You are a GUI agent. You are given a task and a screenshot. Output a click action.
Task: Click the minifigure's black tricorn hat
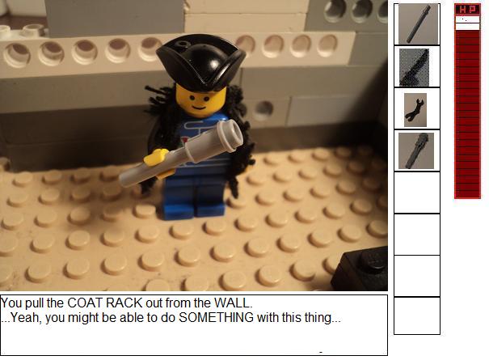click(x=200, y=61)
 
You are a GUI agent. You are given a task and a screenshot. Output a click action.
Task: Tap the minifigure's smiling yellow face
click(x=200, y=100)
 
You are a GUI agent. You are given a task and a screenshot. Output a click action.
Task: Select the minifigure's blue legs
click(x=194, y=196)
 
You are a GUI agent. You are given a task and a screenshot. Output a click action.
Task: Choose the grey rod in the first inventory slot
click(x=418, y=23)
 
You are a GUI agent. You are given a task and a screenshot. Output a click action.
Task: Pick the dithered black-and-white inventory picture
click(x=414, y=67)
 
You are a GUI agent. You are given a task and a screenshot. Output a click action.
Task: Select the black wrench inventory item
click(x=415, y=110)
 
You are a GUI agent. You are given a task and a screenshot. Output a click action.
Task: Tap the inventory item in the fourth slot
click(x=416, y=150)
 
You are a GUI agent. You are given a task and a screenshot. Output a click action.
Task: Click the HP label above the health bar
click(x=467, y=10)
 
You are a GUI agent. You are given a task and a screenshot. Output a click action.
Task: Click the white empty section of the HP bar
click(x=467, y=23)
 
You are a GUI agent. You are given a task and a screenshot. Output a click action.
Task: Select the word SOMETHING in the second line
click(x=216, y=318)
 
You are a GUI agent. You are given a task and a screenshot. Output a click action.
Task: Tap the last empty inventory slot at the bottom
click(x=417, y=316)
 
